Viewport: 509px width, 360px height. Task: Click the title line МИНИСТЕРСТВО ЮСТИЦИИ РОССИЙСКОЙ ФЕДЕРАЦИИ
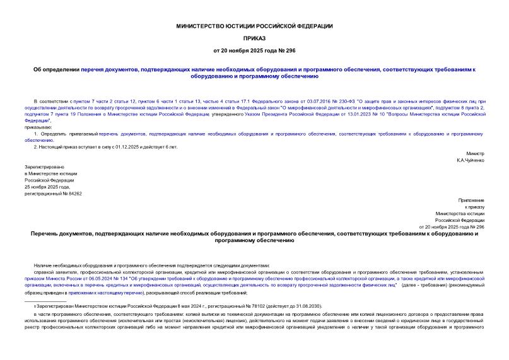tap(254, 26)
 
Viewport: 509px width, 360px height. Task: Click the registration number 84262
tap(74, 194)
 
